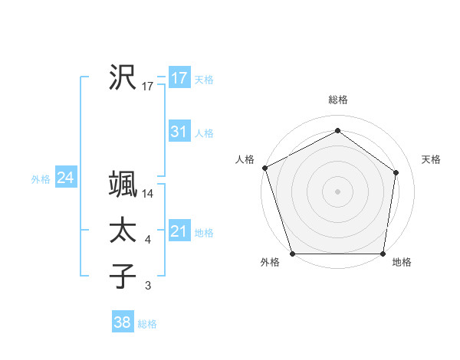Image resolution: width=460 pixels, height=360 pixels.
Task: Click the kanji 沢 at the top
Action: (123, 77)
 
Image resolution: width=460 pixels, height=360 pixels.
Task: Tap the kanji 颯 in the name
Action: (123, 185)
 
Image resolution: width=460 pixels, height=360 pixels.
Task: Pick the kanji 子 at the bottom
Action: (123, 276)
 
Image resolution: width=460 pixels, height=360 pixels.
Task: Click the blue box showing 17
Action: (179, 78)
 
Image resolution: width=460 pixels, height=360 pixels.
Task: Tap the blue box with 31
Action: (179, 132)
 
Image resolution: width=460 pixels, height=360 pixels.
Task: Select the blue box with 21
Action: (179, 231)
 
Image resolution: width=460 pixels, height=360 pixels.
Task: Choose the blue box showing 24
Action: (65, 178)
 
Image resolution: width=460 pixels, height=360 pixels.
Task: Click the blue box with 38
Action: (122, 322)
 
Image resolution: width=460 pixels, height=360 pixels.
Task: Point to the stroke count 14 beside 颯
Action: (149, 195)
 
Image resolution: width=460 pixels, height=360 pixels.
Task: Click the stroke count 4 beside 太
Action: (148, 241)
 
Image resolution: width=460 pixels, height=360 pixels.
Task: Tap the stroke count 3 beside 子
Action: (148, 286)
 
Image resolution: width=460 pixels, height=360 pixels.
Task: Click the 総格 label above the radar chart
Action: (338, 100)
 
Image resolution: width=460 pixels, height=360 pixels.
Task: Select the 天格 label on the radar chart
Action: (431, 159)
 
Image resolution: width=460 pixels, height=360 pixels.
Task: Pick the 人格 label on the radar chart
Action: (245, 159)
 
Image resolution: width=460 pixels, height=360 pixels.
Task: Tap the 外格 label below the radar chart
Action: (269, 263)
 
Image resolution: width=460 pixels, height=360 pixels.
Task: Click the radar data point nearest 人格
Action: (264, 168)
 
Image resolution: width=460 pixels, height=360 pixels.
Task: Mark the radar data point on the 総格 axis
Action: (337, 130)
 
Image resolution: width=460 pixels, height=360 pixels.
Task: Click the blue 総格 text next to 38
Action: (147, 324)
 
